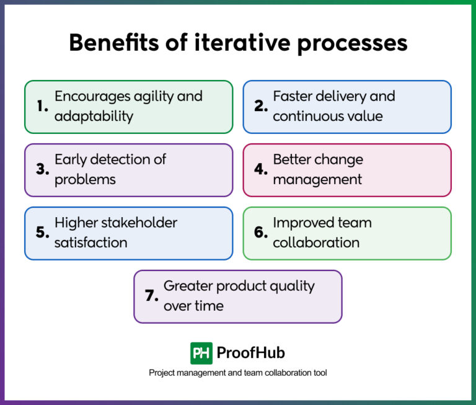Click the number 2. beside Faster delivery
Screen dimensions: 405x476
point(260,107)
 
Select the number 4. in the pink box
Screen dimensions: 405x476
point(260,170)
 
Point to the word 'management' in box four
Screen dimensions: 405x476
point(317,180)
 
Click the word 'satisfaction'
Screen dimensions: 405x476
point(90,243)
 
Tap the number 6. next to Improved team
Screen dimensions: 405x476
point(260,233)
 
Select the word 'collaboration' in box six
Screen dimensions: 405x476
point(316,243)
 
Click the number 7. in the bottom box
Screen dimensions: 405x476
point(152,296)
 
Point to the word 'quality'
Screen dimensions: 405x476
point(292,286)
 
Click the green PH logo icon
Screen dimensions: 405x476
point(201,354)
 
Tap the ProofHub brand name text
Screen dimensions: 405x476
point(250,354)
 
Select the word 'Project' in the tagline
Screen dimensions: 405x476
point(162,373)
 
